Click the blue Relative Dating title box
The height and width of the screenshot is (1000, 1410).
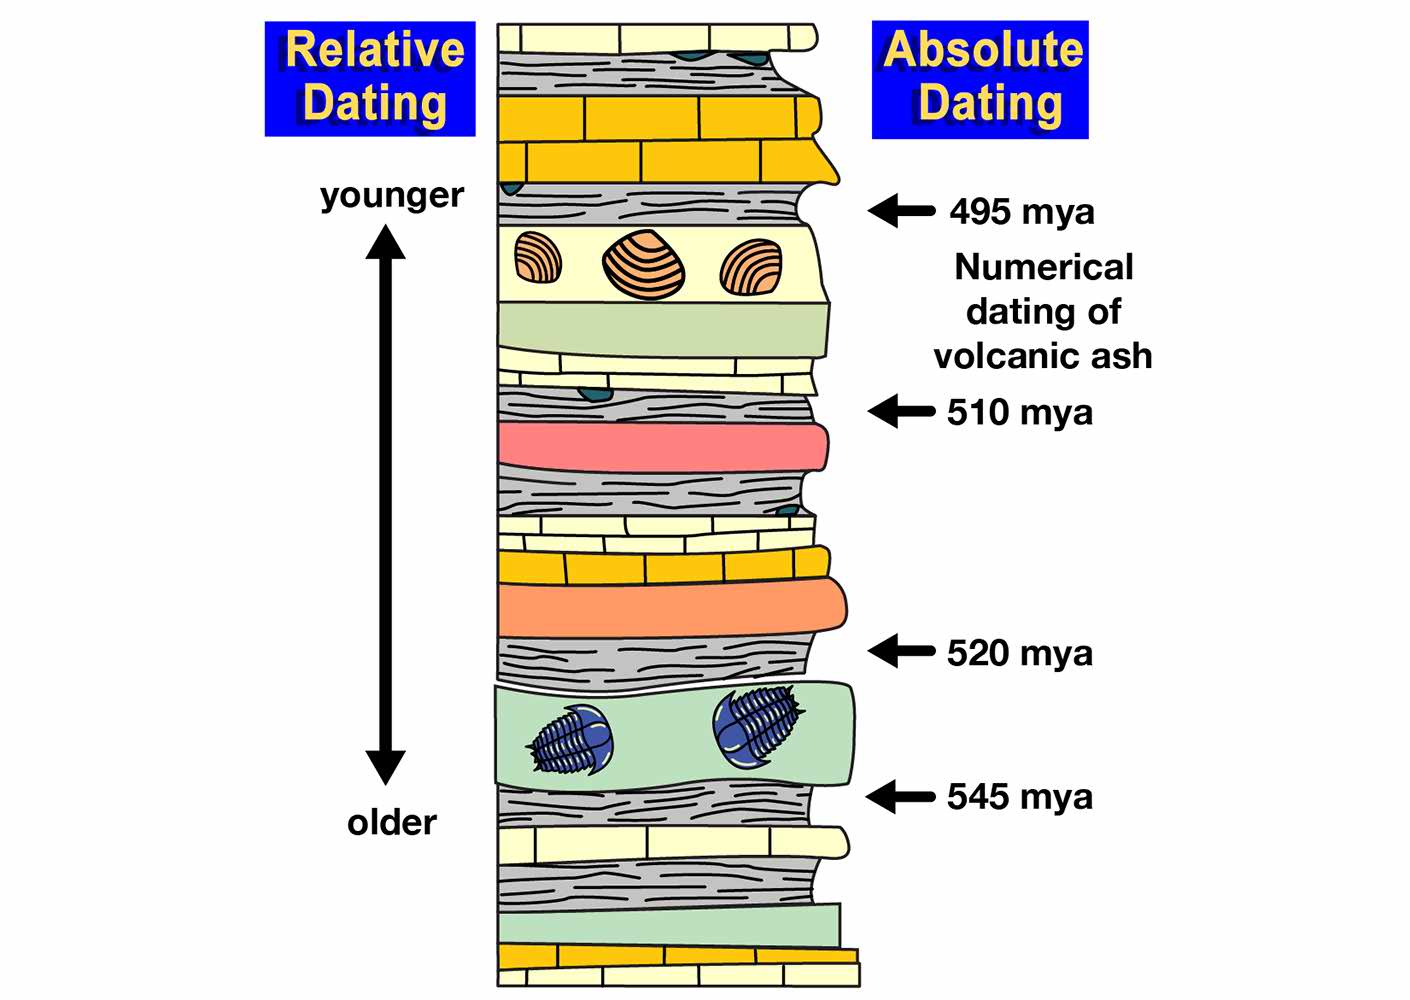click(x=370, y=78)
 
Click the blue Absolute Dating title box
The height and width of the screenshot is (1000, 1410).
click(x=980, y=79)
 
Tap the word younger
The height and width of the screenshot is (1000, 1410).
click(x=392, y=195)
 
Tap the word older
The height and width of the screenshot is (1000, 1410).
click(x=392, y=823)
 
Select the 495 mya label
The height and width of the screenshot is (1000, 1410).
click(x=1022, y=212)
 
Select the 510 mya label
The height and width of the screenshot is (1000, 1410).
click(x=1020, y=412)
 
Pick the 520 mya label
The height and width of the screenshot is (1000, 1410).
click(x=1020, y=653)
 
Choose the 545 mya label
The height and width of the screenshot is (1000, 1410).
click(x=1020, y=797)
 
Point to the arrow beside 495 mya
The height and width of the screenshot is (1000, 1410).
click(x=900, y=211)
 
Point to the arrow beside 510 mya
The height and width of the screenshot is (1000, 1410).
click(x=900, y=411)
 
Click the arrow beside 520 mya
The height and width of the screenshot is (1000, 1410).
click(x=900, y=652)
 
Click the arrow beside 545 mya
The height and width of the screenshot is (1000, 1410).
click(x=899, y=797)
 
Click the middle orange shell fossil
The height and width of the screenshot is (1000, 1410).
click(x=644, y=265)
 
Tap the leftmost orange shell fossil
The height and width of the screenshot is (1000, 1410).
click(x=538, y=258)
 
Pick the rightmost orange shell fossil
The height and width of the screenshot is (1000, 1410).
click(x=751, y=268)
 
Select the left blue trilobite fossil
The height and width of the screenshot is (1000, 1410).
click(x=571, y=741)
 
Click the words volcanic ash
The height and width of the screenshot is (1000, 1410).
click(x=1043, y=356)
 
